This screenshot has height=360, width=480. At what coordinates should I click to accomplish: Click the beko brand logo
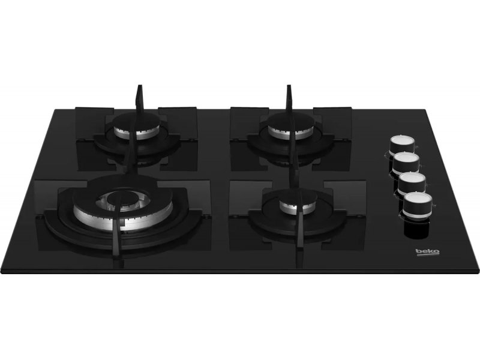tap(427, 251)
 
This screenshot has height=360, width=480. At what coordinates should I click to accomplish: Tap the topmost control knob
tap(402, 145)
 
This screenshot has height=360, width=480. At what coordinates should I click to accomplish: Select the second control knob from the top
tap(407, 162)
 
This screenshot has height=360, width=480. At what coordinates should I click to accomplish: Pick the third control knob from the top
tap(412, 182)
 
